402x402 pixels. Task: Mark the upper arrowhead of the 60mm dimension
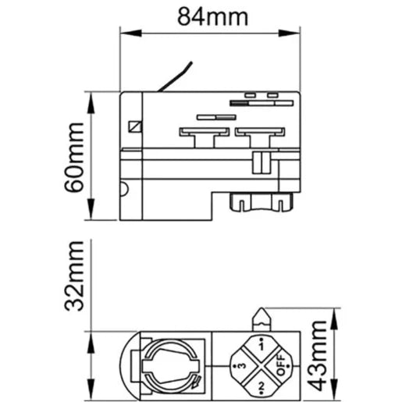[x=92, y=98]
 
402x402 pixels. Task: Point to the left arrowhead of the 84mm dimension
[x=125, y=32]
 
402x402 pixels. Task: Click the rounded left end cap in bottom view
[x=127, y=365]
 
